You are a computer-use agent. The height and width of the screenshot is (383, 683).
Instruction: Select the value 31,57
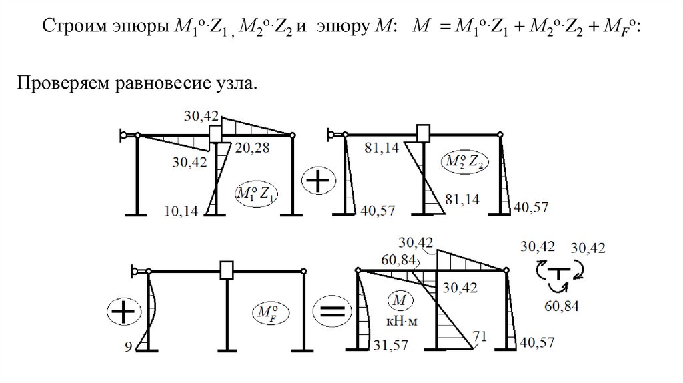pyautogui.click(x=389, y=344)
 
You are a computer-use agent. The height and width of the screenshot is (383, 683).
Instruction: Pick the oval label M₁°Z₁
pyautogui.click(x=257, y=194)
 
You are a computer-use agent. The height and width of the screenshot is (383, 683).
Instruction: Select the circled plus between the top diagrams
pyautogui.click(x=320, y=181)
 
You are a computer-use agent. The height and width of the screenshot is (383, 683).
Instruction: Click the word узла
pyautogui.click(x=233, y=86)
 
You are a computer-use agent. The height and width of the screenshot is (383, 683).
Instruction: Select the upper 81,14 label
pyautogui.click(x=383, y=147)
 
